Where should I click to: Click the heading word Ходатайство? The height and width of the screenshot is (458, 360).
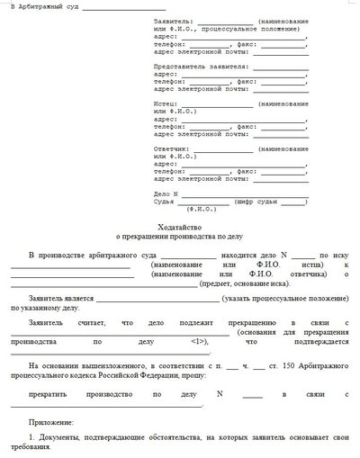click(179, 226)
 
